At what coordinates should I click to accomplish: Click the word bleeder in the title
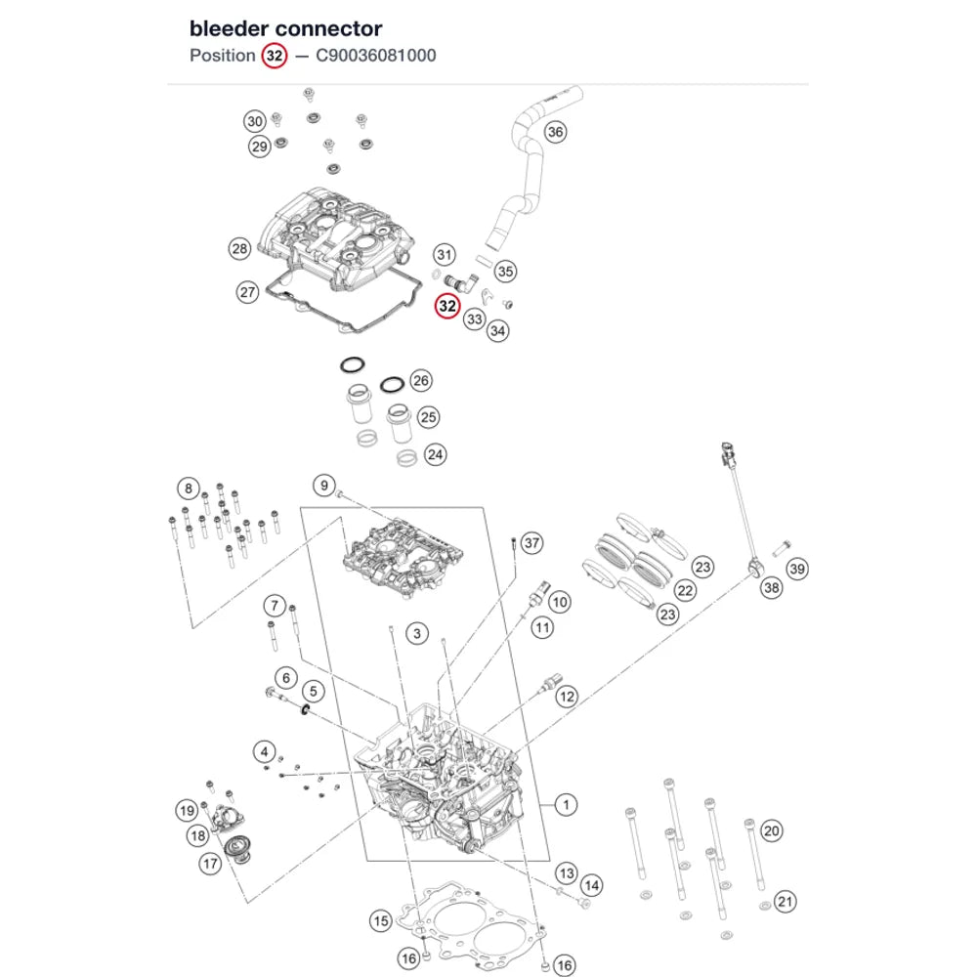tap(229, 28)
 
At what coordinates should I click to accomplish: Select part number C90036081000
tap(376, 56)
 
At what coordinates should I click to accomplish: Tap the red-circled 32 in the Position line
tap(275, 56)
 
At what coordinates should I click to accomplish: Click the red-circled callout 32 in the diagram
tap(447, 306)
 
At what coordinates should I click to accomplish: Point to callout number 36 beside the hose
tap(555, 132)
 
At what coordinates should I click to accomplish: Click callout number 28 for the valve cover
tap(240, 248)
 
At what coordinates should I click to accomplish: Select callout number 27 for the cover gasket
tap(248, 292)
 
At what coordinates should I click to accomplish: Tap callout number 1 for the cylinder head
tap(566, 805)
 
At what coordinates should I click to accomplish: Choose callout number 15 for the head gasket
tap(381, 921)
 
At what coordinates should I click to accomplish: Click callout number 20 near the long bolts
tap(772, 830)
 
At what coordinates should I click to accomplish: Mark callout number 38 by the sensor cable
tap(772, 587)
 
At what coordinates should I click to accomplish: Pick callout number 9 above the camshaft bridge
tap(324, 486)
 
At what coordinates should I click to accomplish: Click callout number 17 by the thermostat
tap(210, 864)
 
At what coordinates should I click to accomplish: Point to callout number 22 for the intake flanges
tap(686, 591)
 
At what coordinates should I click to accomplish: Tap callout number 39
tap(797, 569)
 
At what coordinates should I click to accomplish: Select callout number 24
tap(436, 455)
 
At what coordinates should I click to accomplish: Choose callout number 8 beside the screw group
tap(189, 488)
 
